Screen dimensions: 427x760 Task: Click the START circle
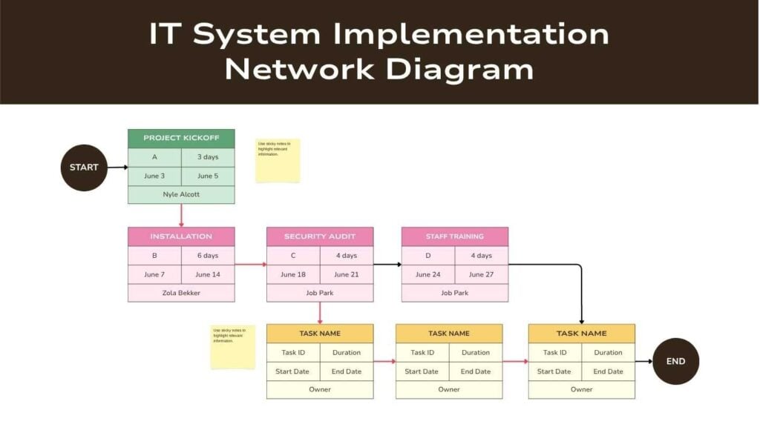[x=84, y=168]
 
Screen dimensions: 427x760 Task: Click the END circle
[x=675, y=361]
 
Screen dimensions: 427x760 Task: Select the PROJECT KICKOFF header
[x=181, y=139]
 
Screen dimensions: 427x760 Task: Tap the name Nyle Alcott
[x=181, y=194]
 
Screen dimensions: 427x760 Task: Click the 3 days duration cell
[x=208, y=157]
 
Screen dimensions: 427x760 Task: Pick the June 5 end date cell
[x=208, y=176]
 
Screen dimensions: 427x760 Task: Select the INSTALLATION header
[x=181, y=236]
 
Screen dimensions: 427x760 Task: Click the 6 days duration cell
[x=208, y=256]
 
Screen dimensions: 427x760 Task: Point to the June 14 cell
[x=208, y=274]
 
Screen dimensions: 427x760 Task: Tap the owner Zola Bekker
[x=181, y=293]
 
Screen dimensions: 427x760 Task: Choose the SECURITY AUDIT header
[x=320, y=236]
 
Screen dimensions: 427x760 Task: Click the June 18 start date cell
[x=293, y=274]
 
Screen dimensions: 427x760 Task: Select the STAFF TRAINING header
[x=455, y=236]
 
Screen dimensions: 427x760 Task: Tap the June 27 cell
[x=482, y=274]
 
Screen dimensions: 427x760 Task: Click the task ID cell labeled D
[x=428, y=256]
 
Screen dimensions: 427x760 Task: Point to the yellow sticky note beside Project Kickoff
[x=278, y=160]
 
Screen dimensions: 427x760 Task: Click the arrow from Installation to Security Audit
[x=251, y=264]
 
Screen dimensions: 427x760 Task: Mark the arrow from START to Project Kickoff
[x=117, y=168]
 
